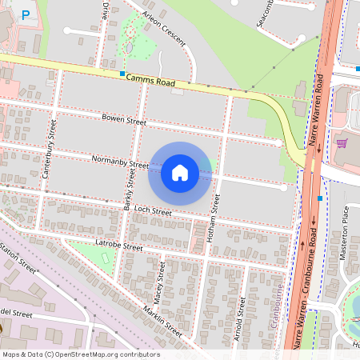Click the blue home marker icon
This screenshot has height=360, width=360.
click(x=180, y=173)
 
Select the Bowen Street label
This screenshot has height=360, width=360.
click(x=124, y=121)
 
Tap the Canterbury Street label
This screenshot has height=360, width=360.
click(x=50, y=149)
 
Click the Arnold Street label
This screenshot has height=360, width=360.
click(x=238, y=320)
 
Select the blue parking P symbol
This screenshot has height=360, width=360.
click(x=26, y=14)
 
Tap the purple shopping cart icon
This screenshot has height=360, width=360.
click(x=342, y=143)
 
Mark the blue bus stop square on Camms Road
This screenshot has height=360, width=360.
click(x=122, y=74)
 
